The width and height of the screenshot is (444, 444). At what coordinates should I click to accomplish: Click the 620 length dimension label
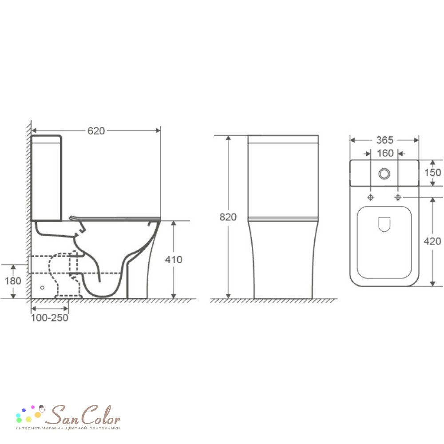96,131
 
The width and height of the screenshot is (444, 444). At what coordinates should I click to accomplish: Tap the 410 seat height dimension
174,259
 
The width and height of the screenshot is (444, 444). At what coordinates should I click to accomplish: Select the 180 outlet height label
13,281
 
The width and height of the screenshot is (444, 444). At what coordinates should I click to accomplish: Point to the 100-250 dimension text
50,318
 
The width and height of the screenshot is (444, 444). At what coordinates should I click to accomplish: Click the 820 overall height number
228,217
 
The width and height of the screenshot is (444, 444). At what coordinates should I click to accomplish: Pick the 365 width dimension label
385,140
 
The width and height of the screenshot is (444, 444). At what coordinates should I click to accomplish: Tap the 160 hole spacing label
385,153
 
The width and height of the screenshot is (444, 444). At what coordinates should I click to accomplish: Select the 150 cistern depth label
432,172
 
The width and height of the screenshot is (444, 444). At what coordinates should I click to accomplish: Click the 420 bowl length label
432,241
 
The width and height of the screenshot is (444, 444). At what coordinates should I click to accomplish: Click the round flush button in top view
384,174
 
